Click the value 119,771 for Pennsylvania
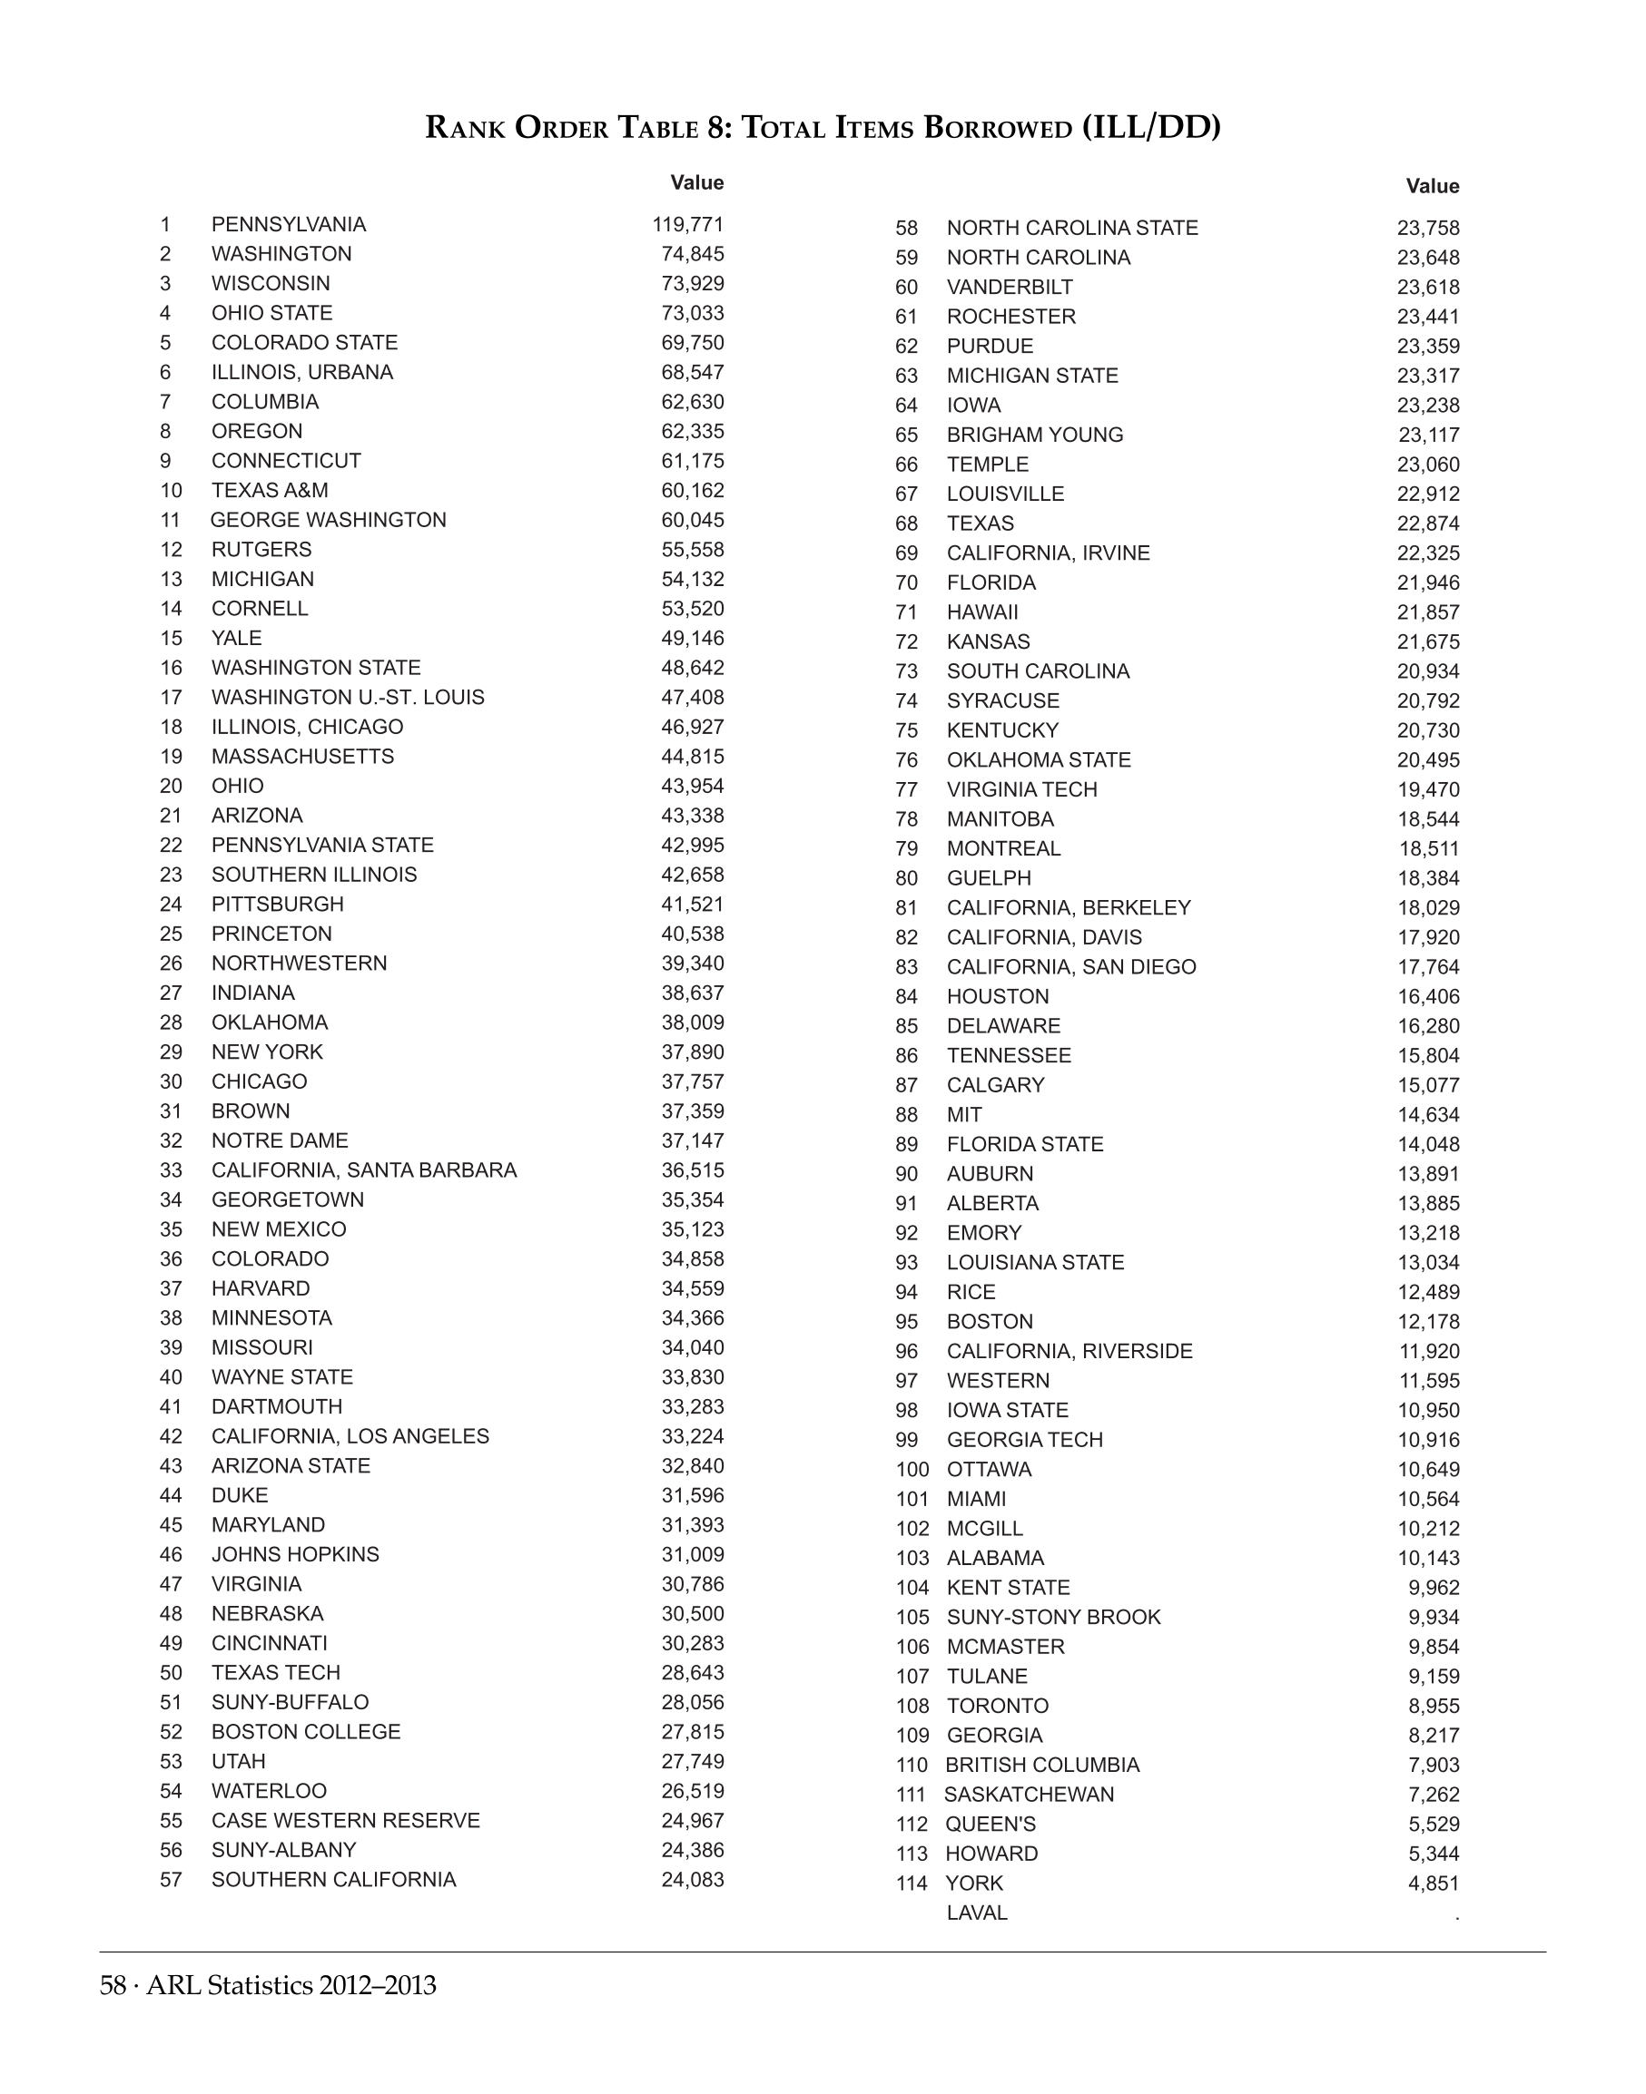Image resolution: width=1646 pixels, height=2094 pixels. [687, 224]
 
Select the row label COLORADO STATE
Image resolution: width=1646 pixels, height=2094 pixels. [303, 343]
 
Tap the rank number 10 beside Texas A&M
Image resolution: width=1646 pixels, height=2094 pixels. [171, 490]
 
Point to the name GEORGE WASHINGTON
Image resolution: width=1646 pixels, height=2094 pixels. [328, 520]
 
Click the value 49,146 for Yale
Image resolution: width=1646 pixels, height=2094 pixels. [692, 639]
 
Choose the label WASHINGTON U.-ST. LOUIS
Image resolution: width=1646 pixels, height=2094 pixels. [347, 698]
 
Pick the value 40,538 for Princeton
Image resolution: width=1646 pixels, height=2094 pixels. [692, 934]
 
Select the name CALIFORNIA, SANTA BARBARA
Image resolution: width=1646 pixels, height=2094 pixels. [363, 1170]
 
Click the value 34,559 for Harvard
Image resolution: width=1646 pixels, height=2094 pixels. [692, 1288]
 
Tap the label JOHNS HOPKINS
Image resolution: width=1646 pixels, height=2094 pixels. [295, 1554]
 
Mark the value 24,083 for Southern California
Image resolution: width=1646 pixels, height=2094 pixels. [692, 1879]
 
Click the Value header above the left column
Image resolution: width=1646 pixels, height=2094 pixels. [696, 183]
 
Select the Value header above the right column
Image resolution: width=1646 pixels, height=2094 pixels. [1432, 186]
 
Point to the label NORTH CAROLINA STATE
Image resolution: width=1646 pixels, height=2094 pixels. [1071, 229]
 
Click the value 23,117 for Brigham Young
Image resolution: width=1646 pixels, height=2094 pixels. [1428, 435]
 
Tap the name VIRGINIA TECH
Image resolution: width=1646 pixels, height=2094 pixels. [1021, 790]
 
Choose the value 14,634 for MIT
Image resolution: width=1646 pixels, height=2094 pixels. [1428, 1114]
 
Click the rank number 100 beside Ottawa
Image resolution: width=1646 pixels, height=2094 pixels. [912, 1470]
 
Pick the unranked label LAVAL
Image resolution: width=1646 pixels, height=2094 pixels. [976, 1913]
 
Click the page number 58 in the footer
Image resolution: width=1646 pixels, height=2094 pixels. [113, 1986]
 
